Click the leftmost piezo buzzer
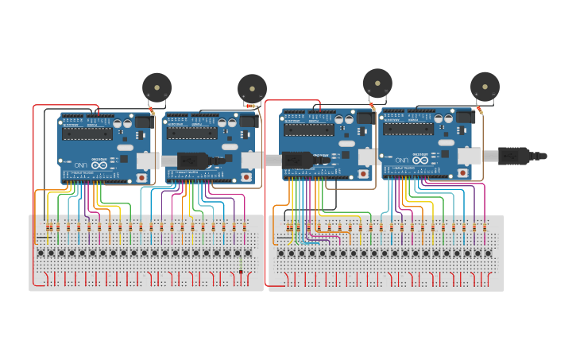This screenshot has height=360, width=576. tap(157, 87)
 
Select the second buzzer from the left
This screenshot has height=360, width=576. tap(252, 88)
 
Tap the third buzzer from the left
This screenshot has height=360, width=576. tap(377, 83)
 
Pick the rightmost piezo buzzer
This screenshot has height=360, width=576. tap(485, 86)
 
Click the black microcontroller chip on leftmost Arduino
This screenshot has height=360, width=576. tap(89, 133)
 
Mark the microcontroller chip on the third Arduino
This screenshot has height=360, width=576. tap(310, 130)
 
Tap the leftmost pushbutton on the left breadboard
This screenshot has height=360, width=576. tap(41, 253)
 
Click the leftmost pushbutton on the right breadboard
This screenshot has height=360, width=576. tap(280, 254)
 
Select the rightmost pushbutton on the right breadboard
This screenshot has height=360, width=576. tap(488, 254)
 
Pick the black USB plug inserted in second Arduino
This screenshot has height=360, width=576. tap(195, 160)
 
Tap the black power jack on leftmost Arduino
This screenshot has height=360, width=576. tap(144, 122)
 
